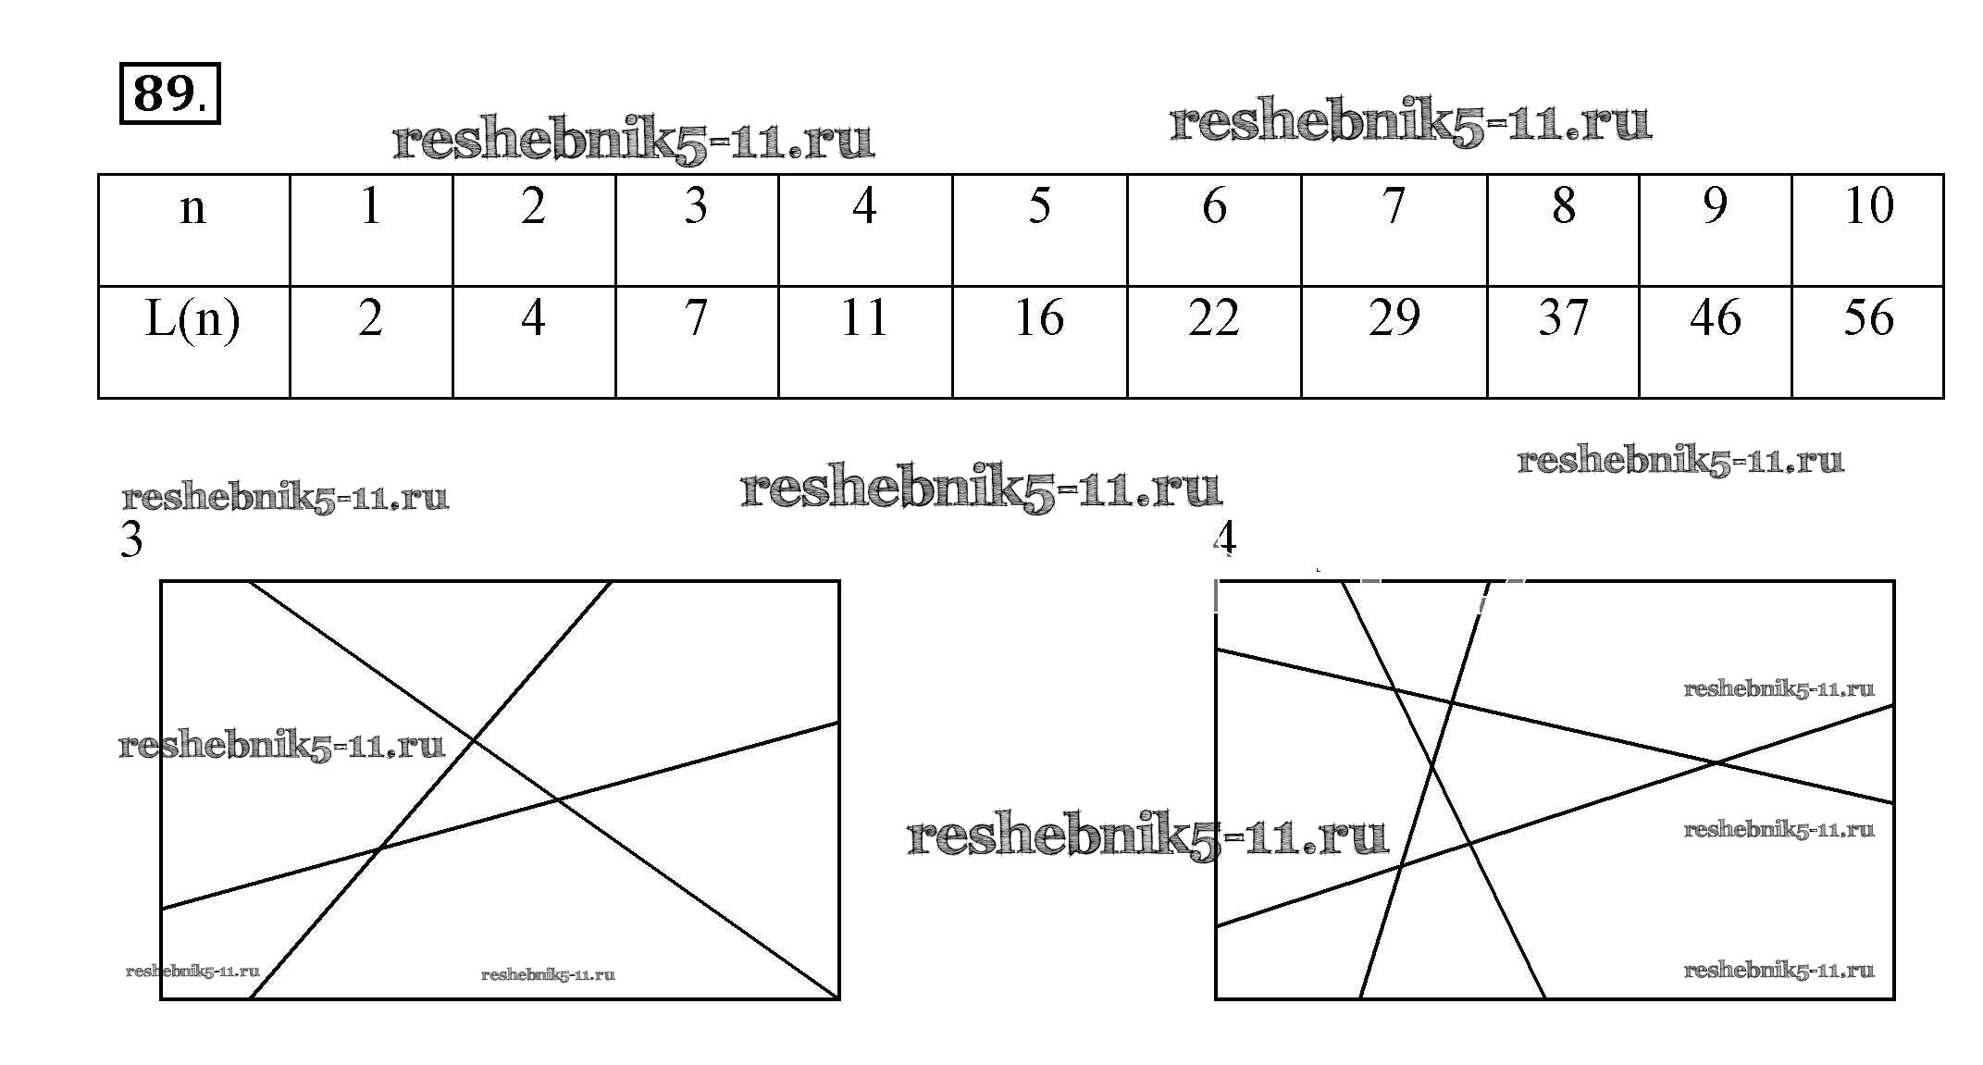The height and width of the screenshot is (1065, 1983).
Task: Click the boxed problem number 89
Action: (x=170, y=93)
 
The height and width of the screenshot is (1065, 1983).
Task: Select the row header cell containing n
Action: (x=193, y=229)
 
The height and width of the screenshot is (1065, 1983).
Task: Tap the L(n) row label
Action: (x=192, y=319)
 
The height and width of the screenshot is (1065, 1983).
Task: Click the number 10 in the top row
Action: (x=1868, y=205)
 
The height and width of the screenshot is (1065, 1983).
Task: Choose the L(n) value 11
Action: (x=864, y=318)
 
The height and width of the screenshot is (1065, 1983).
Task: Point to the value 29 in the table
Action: (x=1394, y=318)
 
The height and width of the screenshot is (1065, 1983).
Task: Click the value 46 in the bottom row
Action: (x=1715, y=318)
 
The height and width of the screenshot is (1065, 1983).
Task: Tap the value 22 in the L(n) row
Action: (x=1213, y=318)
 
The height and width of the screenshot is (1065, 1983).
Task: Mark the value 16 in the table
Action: (x=1039, y=318)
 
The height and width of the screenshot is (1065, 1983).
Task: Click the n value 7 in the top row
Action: (x=1394, y=205)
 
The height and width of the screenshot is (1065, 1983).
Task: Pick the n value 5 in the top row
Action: (x=1039, y=205)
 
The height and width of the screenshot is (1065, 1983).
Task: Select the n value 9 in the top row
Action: (x=1715, y=205)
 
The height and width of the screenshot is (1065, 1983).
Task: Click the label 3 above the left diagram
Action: (x=131, y=540)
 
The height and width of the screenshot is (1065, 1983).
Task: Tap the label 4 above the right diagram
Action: (x=1224, y=538)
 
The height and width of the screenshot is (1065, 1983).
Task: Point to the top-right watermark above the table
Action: (x=1410, y=123)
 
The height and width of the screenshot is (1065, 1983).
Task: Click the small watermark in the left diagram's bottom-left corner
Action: (x=192, y=972)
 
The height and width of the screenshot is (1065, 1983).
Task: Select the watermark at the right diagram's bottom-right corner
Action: (x=1779, y=970)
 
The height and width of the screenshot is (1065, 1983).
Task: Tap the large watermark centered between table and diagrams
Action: (x=981, y=489)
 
